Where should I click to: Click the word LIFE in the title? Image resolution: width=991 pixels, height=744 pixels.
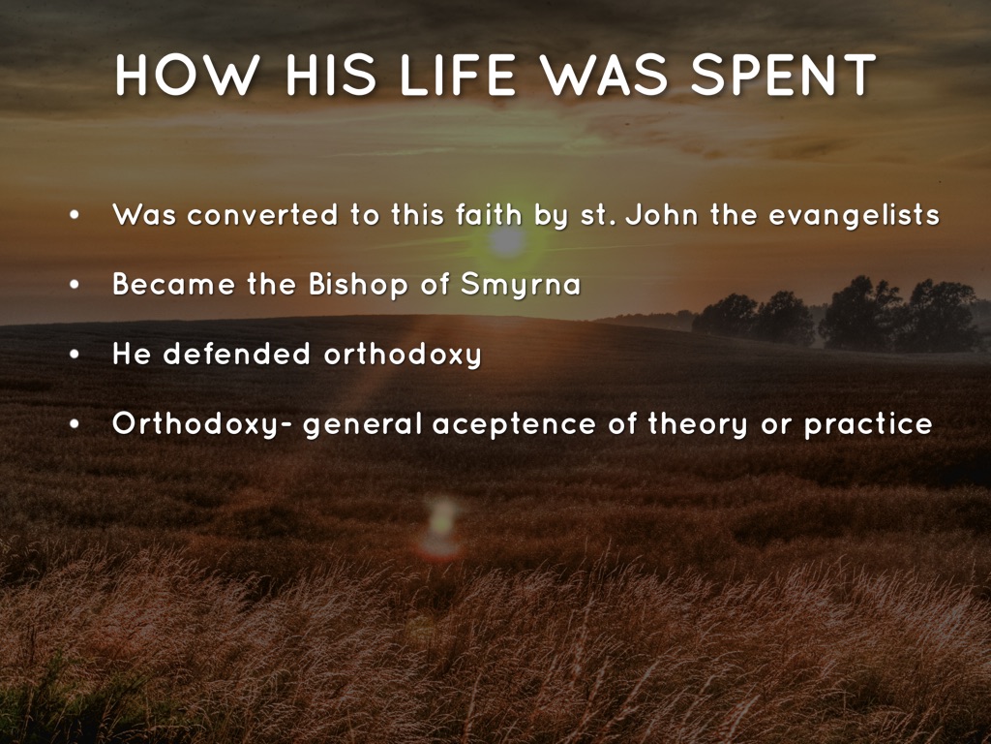[x=458, y=76]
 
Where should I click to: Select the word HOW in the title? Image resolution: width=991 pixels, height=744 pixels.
[x=187, y=76]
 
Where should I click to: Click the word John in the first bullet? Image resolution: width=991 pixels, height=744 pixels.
[x=662, y=215]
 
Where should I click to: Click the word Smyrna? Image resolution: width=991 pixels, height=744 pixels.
[x=520, y=286]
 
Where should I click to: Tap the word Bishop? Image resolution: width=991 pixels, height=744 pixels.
[x=358, y=286]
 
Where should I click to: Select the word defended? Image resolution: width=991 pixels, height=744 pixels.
[x=236, y=355]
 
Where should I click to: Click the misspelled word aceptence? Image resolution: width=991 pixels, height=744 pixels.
[x=514, y=425]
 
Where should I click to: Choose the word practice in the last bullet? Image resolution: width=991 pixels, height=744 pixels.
[x=868, y=425]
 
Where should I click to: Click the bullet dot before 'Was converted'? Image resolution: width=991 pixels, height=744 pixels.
[x=75, y=216]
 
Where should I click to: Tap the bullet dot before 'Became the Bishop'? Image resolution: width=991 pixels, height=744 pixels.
[x=75, y=286]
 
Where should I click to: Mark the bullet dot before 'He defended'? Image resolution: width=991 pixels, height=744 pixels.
[x=75, y=355]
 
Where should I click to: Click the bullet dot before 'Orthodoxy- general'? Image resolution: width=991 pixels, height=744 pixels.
[x=75, y=424]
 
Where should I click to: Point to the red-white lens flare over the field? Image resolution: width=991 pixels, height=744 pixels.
[x=440, y=528]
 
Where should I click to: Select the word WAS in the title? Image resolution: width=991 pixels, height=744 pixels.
[x=605, y=76]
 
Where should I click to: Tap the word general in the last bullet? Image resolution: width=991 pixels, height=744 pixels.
[x=362, y=425]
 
